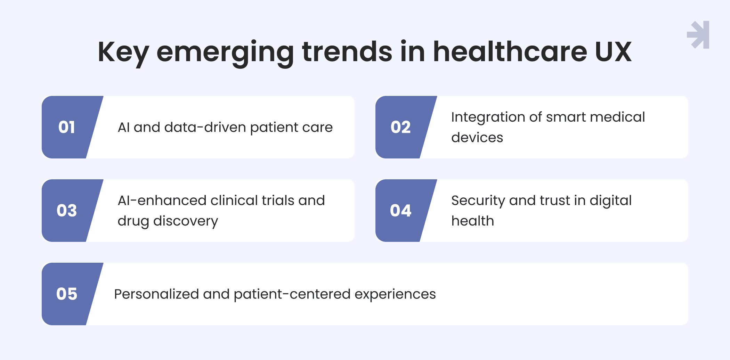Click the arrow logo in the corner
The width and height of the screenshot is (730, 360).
click(x=698, y=35)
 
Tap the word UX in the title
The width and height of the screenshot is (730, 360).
click(x=613, y=52)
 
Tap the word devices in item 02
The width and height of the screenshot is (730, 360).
click(x=477, y=137)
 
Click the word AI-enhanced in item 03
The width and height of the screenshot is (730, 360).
click(x=162, y=200)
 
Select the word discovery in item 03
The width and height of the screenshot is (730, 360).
click(x=186, y=221)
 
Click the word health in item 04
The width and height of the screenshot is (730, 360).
click(x=472, y=221)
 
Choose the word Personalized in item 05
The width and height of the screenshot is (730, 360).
click(x=156, y=294)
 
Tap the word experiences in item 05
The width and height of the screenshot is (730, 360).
click(x=395, y=295)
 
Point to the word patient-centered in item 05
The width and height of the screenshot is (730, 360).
click(x=292, y=294)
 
